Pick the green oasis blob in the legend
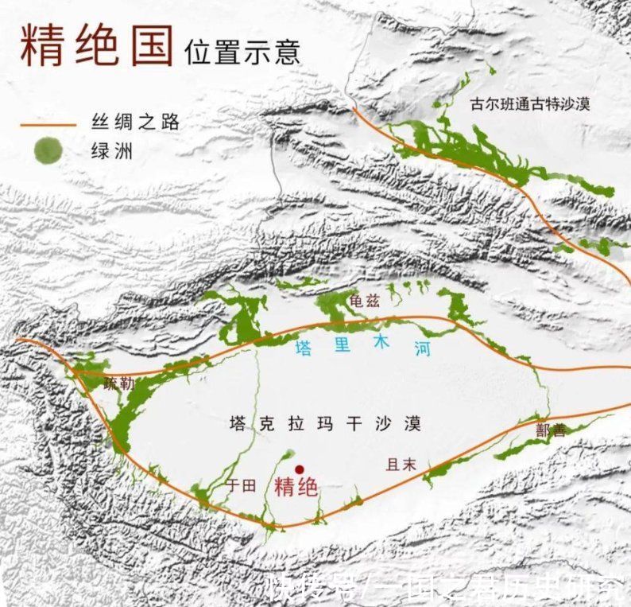coord(49,150)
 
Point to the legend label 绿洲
coord(112,150)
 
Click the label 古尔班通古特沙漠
coord(530,103)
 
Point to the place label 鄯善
coord(552,430)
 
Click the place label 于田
coord(240,486)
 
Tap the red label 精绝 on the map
coord(296,487)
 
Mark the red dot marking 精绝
coord(300,469)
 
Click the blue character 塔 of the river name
coord(304,348)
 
